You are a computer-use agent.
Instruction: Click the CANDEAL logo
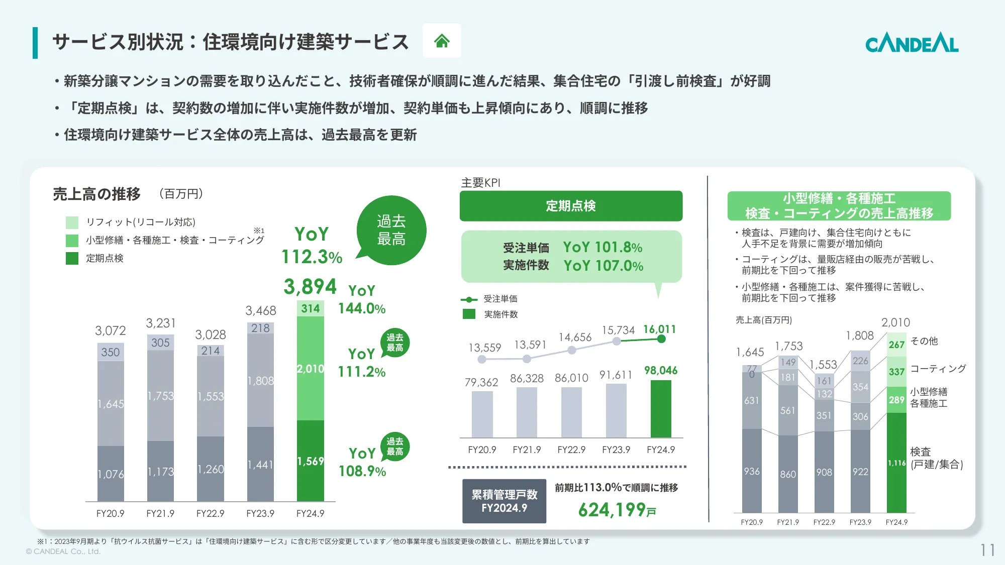912,43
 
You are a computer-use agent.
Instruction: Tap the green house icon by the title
442,41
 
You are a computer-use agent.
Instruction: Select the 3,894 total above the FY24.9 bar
310,287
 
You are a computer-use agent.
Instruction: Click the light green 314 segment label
311,308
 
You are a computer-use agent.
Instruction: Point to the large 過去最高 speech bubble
391,231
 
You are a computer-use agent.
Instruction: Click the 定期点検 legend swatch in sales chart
72,258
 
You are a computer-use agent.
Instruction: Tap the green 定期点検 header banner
571,206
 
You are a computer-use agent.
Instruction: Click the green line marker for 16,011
661,339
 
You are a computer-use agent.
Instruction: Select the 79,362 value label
481,383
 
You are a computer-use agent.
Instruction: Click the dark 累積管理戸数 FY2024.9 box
504,501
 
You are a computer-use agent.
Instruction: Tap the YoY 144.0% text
362,300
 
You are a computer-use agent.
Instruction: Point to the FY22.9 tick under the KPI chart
571,450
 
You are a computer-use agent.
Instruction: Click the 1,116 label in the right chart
896,463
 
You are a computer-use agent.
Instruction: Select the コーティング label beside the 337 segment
938,369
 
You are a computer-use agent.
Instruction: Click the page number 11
987,550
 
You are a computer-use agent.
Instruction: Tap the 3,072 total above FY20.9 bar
111,331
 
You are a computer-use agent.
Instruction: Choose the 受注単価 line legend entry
500,299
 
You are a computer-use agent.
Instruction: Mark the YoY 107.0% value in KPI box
604,266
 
